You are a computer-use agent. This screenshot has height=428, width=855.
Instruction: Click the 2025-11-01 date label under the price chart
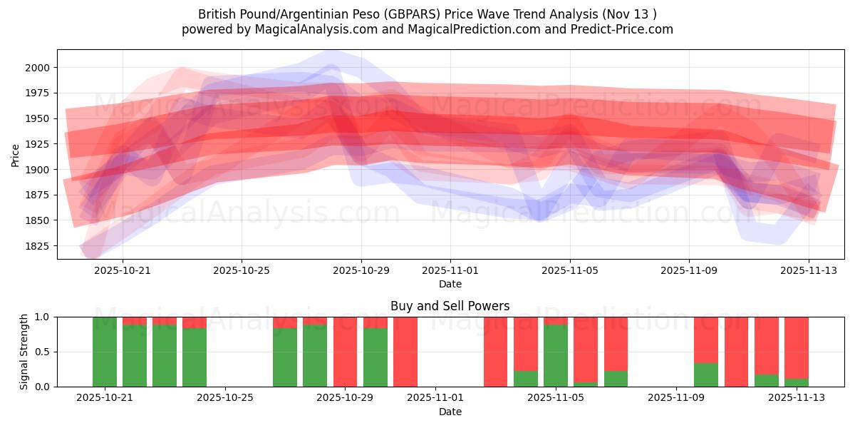click(x=450, y=271)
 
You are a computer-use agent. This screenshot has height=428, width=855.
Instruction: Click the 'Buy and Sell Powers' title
click(x=450, y=306)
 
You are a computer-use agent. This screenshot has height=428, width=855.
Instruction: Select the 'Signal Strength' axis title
click(x=24, y=351)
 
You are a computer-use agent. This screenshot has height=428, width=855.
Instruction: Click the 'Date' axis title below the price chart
click(x=450, y=284)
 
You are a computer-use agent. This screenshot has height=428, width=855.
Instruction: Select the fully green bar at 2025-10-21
click(x=105, y=352)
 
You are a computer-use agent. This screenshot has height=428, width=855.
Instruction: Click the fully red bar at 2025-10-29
click(x=345, y=352)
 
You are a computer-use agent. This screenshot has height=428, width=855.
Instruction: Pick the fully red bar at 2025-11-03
click(x=495, y=352)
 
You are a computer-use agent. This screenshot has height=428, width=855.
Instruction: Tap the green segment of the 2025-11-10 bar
click(x=705, y=374)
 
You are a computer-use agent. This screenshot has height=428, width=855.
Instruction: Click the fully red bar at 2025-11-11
click(x=736, y=352)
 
